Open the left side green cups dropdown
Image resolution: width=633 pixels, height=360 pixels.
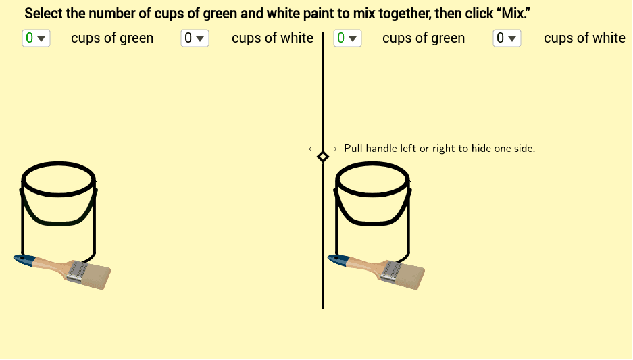pos(36,38)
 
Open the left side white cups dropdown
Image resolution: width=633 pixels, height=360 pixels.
pos(195,38)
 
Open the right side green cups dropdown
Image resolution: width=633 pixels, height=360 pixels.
pos(347,38)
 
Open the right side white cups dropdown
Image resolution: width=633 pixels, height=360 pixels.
pos(507,38)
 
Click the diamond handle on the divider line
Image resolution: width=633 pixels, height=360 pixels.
pos(323,157)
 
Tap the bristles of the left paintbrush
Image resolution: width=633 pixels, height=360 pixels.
pos(98,276)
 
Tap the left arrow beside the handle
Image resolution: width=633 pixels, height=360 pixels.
pos(313,149)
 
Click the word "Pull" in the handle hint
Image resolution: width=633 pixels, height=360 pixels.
pos(353,148)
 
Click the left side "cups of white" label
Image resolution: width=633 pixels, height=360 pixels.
pos(272,38)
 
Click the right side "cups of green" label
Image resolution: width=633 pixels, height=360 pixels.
pos(424,38)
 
